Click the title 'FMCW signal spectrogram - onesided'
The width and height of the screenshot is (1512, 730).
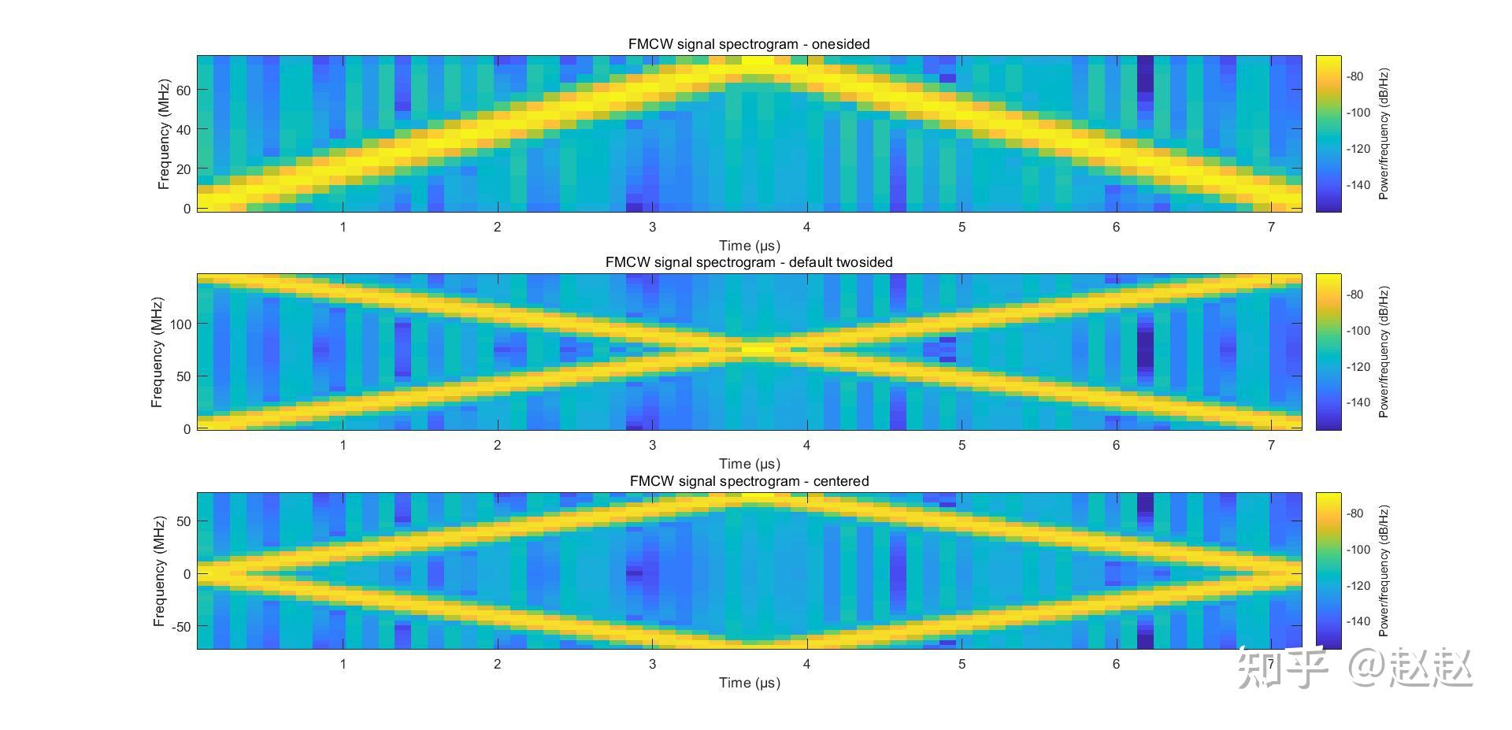(x=748, y=44)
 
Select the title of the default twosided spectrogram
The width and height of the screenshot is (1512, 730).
(x=748, y=262)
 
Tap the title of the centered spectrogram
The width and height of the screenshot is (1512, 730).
(x=748, y=481)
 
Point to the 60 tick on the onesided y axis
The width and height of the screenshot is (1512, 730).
(x=183, y=91)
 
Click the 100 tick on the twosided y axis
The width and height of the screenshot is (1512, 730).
(x=180, y=324)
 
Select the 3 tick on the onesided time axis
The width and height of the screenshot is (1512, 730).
(x=652, y=228)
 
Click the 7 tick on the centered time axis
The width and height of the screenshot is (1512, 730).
(x=1270, y=664)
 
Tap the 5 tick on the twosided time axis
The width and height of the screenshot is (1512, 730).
(x=962, y=446)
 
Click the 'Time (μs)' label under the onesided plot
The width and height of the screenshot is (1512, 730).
(x=749, y=246)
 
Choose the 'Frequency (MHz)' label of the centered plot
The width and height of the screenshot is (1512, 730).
(x=159, y=571)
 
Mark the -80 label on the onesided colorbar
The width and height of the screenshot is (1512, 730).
(x=1355, y=76)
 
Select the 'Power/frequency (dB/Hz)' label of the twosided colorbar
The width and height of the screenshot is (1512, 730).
(x=1384, y=352)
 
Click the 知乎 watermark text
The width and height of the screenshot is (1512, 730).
(x=1282, y=668)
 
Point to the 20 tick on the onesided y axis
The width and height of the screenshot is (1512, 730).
(x=183, y=169)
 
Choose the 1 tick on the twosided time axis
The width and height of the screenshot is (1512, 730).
(x=343, y=446)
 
